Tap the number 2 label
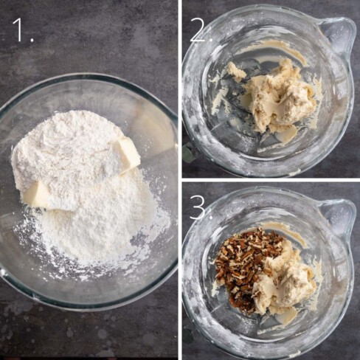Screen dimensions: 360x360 (x=198, y=30)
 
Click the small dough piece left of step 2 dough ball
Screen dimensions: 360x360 (x=235, y=72)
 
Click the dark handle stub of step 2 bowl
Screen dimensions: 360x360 (x=188, y=153)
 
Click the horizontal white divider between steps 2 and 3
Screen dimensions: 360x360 (x=271, y=180)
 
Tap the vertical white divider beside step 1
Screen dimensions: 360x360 (x=180, y=180)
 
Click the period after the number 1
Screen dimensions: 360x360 (x=32, y=39)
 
